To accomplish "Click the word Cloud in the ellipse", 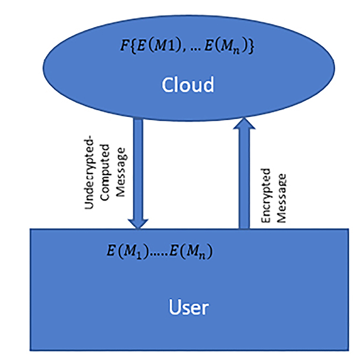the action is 188,85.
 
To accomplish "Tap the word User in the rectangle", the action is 189,307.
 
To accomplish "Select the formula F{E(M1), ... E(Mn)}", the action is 187,47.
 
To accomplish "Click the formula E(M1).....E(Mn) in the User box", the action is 160,251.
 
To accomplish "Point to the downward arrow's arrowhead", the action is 138,224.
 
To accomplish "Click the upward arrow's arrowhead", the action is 244,124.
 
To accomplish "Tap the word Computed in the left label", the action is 105,173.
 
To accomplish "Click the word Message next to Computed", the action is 121,172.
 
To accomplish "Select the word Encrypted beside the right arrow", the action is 266,196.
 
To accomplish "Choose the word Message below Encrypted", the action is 281,198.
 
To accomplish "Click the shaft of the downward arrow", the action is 138,169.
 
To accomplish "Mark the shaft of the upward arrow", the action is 244,179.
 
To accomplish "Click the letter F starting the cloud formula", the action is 124,45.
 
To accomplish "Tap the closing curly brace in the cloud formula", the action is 251,47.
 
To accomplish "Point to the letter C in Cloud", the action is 167,85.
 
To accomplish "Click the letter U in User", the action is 175,307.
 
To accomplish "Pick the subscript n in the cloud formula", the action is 236,51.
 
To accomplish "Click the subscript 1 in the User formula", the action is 138,256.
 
